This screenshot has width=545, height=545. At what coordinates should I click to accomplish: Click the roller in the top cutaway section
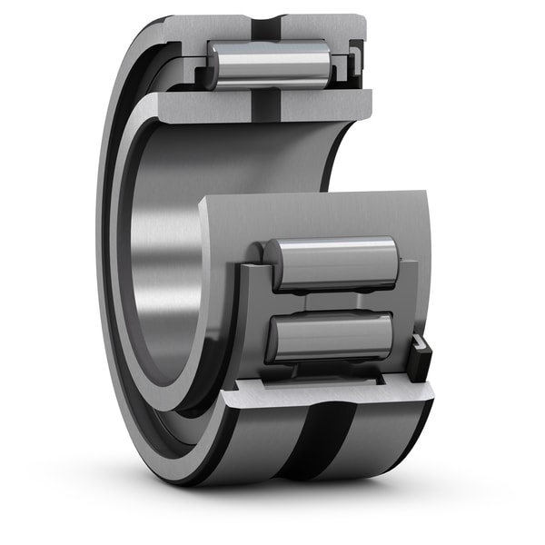tap(269, 64)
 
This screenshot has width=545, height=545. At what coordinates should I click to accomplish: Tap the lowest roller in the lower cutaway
tap(331, 336)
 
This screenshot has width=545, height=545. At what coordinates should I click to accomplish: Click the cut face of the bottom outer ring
tap(327, 392)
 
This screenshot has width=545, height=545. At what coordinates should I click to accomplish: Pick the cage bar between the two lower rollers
tap(332, 301)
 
